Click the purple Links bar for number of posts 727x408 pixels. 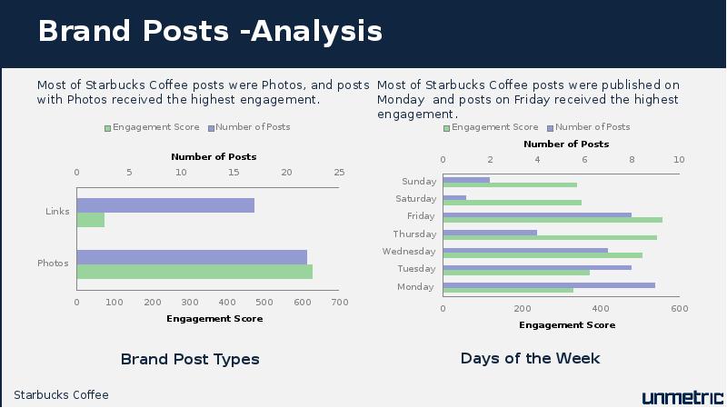[165, 205]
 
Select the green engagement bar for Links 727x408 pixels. [91, 220]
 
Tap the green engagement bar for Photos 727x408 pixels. [194, 272]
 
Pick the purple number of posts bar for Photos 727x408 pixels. [192, 257]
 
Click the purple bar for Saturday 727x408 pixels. [454, 198]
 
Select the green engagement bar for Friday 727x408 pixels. [553, 220]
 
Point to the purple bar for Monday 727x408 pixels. [549, 285]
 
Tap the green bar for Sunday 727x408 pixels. [510, 185]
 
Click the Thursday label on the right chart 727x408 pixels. [414, 234]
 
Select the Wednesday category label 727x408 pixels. [409, 252]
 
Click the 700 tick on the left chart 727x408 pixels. [340, 303]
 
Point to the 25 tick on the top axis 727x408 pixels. [339, 173]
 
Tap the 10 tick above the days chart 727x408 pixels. [679, 160]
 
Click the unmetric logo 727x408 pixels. [682, 397]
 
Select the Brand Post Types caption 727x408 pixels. [190, 359]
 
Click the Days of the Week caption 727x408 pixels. [531, 358]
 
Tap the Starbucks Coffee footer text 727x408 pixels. [61, 395]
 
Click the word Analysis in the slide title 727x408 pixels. [316, 32]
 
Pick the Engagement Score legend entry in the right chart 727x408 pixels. [491, 127]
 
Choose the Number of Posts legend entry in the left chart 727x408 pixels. [249, 127]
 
